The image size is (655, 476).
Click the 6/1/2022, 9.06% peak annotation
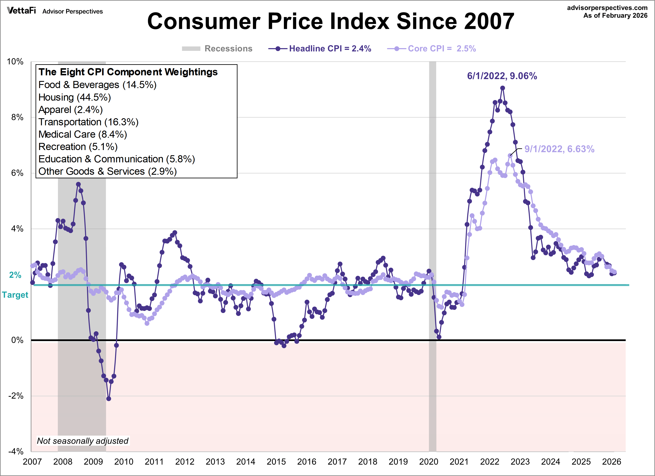coord(502,76)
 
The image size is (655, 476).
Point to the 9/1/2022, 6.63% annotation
coord(559,149)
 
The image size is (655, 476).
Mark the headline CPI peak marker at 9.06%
coord(502,88)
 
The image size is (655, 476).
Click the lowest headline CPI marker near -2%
coord(109,399)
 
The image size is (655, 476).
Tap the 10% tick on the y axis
coord(15,62)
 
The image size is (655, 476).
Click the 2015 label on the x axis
coord(276,462)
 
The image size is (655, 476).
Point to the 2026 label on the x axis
coord(611,462)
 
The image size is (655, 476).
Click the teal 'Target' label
coord(15,295)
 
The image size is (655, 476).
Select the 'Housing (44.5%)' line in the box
coord(74,97)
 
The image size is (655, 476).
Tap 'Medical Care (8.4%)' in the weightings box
coord(83,134)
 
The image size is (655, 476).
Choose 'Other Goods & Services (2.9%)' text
coord(108,171)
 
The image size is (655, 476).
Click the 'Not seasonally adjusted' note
coord(83,441)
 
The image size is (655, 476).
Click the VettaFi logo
coord(21,11)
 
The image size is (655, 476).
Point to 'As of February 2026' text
coord(615,16)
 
